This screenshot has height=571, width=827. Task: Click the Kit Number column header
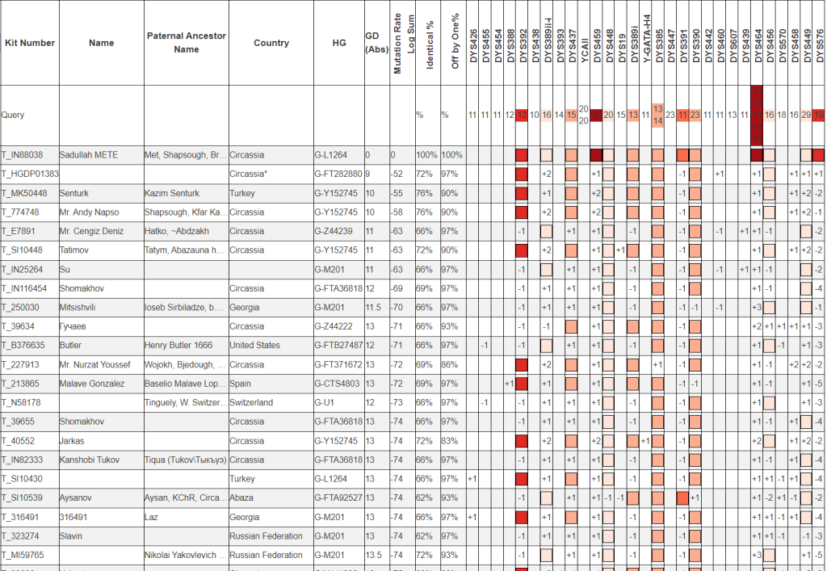pyautogui.click(x=30, y=43)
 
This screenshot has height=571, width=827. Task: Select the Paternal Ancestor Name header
pyautogui.click(x=186, y=43)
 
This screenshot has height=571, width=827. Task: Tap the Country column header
pyautogui.click(x=271, y=43)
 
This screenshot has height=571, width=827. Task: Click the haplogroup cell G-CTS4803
pyautogui.click(x=338, y=384)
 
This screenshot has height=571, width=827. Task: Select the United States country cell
pyautogui.click(x=254, y=346)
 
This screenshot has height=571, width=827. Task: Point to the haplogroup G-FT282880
pyautogui.click(x=338, y=174)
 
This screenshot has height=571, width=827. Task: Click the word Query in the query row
pyautogui.click(x=13, y=115)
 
